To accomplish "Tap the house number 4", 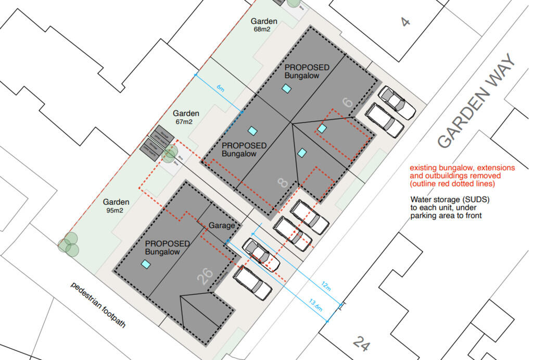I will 405,21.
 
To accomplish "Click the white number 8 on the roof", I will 282,182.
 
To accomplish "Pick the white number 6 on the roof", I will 347,102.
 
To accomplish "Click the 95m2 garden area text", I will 116,210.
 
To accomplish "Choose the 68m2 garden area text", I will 261,29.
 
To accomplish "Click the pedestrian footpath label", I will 98,304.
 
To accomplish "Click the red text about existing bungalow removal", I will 462,176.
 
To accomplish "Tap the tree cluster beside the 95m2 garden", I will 69,245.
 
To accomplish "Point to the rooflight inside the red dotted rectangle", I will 322,128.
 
